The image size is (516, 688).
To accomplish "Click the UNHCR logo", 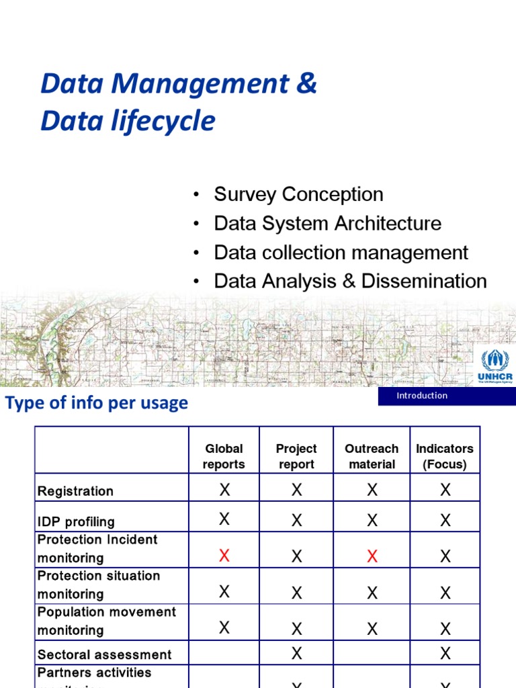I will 497,367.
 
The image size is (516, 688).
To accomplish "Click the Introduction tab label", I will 422,396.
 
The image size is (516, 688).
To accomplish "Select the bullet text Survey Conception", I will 298,194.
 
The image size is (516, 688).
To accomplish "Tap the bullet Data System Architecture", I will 327,223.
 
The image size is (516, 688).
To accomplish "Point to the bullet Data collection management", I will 341,253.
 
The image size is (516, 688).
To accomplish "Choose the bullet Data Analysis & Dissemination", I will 350,281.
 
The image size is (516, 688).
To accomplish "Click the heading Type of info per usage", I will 97,403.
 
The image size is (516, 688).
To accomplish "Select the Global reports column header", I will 224,456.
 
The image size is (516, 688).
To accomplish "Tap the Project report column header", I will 296,456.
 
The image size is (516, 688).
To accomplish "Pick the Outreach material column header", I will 372,456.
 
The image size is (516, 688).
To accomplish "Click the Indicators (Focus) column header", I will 445,456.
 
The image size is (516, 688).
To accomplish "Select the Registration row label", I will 75,491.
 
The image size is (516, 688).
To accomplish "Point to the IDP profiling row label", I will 76,521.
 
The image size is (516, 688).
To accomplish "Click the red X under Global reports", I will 224,555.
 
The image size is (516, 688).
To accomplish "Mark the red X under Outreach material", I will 372,556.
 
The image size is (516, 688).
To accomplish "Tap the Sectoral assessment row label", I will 104,654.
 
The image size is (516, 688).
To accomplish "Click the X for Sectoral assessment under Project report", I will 296,653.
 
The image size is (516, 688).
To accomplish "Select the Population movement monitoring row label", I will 106,621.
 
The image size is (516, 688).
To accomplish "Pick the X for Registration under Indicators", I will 445,490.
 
